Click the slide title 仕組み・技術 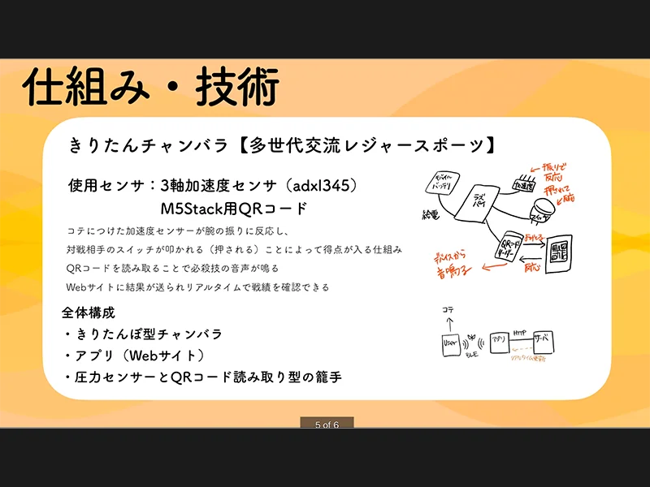pos(151,87)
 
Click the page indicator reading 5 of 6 pos(324,424)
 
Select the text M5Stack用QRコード pos(234,209)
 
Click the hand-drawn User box pos(448,344)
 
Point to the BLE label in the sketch pos(473,355)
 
